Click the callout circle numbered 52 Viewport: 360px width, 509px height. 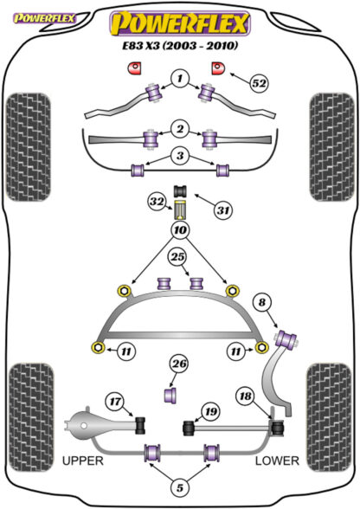259,83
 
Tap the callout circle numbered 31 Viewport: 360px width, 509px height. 223,210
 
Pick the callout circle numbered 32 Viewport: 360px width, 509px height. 157,202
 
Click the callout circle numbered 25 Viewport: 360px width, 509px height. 177,257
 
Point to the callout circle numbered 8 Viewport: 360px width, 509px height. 262,303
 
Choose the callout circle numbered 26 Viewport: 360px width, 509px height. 179,364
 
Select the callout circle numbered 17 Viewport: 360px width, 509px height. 115,402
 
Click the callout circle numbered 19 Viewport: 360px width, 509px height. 210,412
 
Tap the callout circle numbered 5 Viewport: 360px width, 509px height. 179,487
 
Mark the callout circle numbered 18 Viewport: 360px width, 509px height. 246,396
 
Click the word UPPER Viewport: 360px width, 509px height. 83,461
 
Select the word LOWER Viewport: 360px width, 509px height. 277,461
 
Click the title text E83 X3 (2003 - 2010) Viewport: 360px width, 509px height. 180,45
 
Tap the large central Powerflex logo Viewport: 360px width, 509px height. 180,23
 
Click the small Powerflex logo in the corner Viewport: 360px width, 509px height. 44,18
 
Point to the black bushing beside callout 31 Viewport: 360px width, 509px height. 181,190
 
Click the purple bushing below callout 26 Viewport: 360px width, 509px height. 170,395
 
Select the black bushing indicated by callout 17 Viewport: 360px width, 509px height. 140,425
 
